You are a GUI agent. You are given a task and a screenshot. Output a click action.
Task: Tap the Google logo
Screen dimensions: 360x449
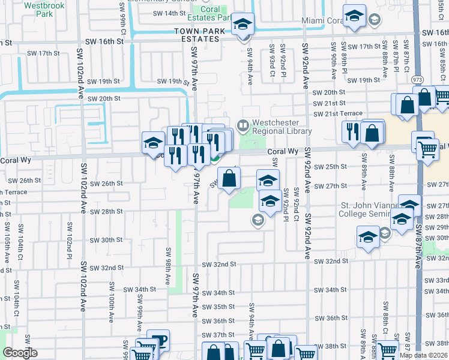pyautogui.click(x=20, y=353)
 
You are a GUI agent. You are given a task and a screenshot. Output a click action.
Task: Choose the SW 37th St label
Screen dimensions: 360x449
pyautogui.click(x=217, y=335)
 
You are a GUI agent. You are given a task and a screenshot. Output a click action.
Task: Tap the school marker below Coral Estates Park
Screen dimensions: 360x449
pyautogui.click(x=243, y=25)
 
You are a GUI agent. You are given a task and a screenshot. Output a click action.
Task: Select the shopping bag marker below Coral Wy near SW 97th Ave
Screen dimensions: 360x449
pyautogui.click(x=229, y=178)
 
